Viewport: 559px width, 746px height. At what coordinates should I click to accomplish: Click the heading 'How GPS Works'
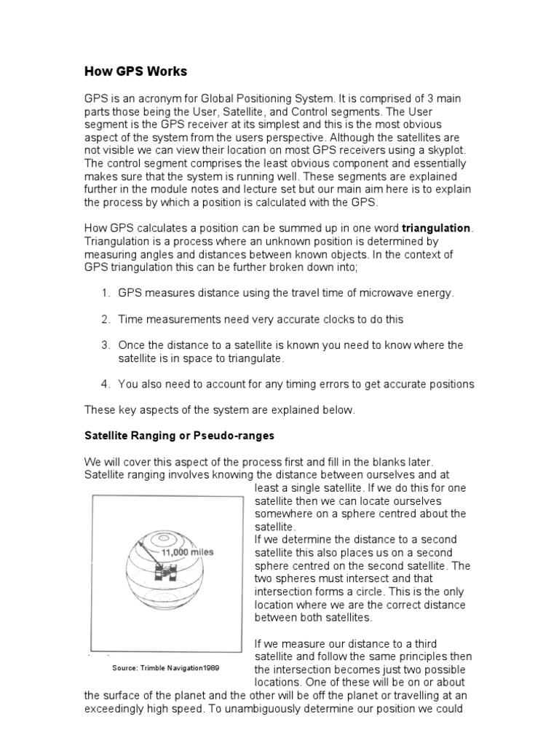pos(135,71)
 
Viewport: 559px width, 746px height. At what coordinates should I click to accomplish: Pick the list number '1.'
pos(106,293)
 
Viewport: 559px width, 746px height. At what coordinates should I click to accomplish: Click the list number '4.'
pos(106,384)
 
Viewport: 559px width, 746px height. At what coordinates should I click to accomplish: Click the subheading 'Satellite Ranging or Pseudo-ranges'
pos(179,436)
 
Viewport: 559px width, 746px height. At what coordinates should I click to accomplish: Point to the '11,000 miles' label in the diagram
pos(187,552)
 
